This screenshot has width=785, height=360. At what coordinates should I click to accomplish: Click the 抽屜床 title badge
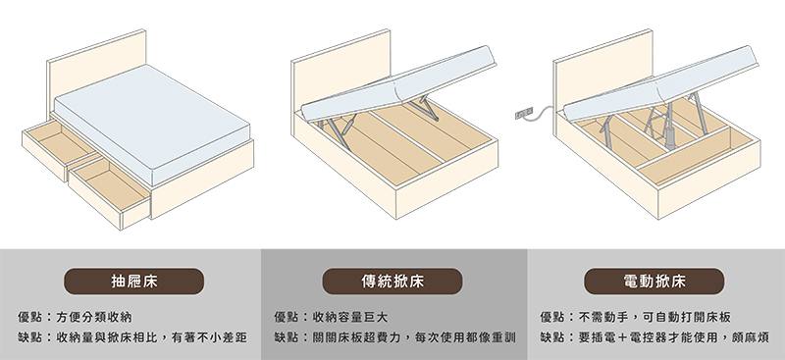[133, 282]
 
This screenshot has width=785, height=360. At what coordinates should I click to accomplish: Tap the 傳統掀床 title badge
[392, 282]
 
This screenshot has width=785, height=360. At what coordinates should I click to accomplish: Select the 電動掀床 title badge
[654, 282]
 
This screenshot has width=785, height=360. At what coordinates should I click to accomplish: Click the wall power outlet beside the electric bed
[524, 114]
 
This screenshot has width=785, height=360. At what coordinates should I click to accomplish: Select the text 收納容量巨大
[350, 317]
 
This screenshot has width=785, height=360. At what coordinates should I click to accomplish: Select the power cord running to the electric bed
[543, 115]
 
